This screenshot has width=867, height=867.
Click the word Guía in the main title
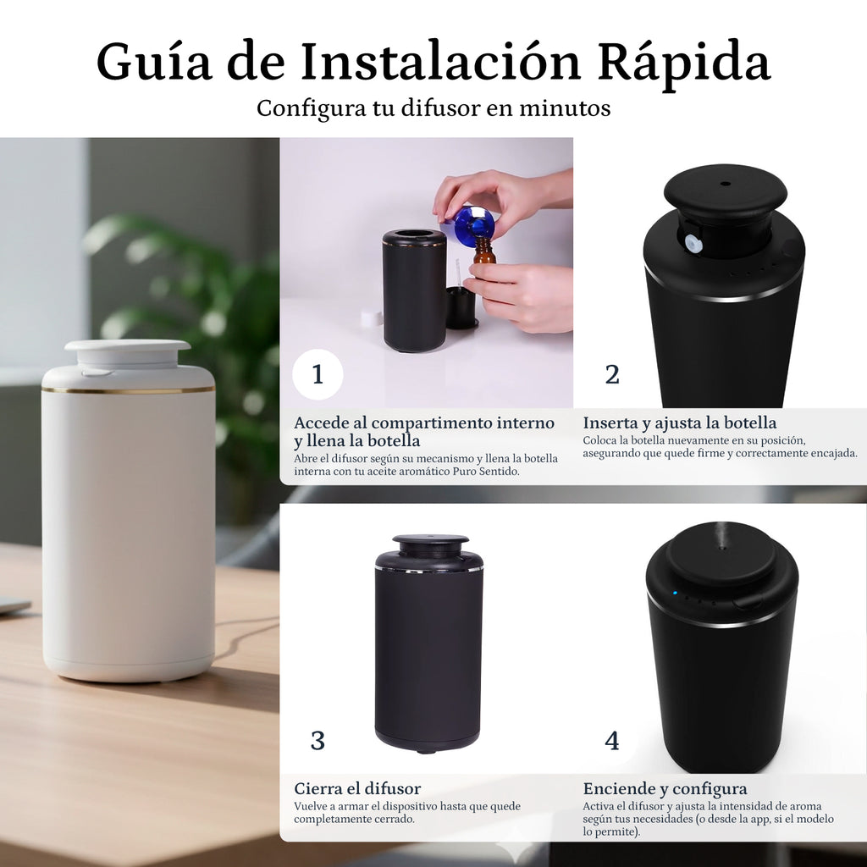[154, 62]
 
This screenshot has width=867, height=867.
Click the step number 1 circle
[318, 374]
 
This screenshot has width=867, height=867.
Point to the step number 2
[612, 374]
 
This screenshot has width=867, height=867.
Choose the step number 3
[318, 740]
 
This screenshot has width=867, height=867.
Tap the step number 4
[612, 740]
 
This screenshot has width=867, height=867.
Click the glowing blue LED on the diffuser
[675, 594]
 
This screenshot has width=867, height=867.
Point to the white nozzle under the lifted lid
[691, 243]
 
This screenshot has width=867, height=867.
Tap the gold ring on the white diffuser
[128, 390]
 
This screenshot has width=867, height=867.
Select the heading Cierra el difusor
[357, 788]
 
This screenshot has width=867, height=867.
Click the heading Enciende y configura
[665, 789]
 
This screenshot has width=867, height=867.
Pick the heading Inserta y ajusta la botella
[680, 423]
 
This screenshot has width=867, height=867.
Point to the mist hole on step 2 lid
[726, 184]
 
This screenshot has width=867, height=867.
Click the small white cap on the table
[373, 318]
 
